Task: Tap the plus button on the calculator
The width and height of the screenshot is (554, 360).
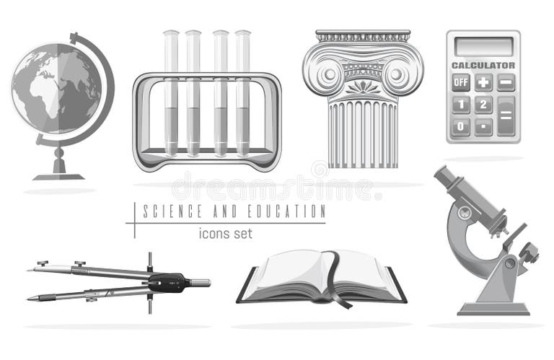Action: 483,82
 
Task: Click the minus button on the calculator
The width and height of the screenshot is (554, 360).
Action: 506,82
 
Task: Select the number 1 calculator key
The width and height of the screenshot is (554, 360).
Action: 461,105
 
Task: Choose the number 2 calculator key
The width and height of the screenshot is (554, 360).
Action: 483,105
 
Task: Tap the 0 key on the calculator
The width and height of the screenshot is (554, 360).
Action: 461,127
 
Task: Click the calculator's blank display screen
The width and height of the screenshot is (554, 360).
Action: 483,45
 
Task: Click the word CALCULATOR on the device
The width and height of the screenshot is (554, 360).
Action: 483,65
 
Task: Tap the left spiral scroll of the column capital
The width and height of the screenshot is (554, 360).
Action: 325,74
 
